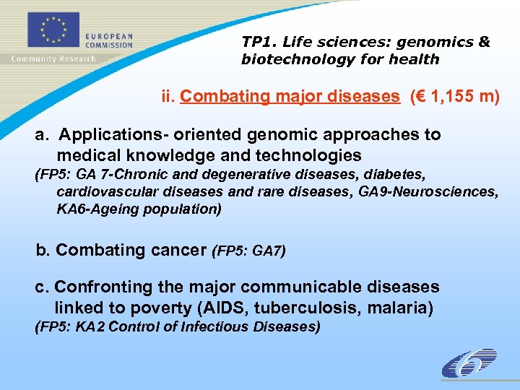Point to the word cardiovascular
pos(100,191)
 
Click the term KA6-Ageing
pos(93,209)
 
